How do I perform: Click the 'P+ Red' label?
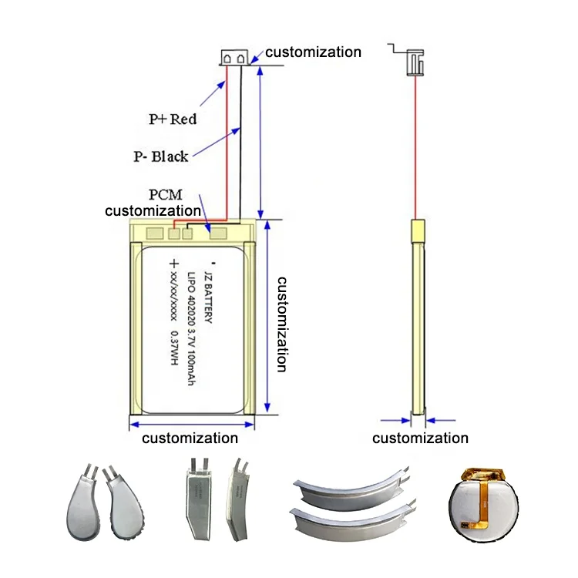tap(173, 119)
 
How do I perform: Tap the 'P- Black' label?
tap(160, 157)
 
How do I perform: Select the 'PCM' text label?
tap(166, 195)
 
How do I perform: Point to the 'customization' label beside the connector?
tap(313, 52)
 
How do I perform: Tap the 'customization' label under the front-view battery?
tap(190, 439)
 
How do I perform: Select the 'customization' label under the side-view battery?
tap(420, 439)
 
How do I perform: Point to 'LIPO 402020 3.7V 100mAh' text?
tap(193, 328)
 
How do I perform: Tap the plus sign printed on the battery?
tap(174, 264)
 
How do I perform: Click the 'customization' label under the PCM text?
tap(153, 210)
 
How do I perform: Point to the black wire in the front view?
tap(241, 139)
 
